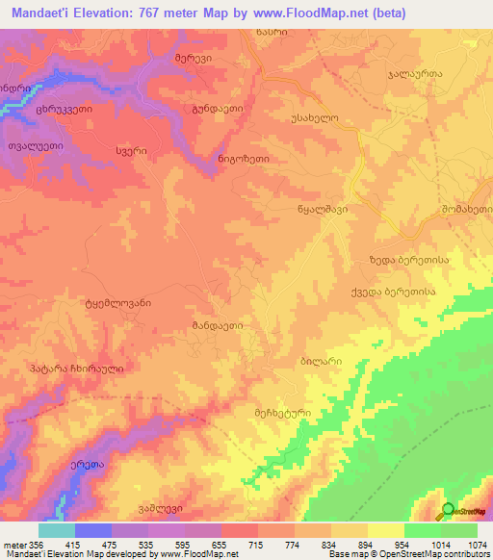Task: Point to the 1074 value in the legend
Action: [x=477, y=545]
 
